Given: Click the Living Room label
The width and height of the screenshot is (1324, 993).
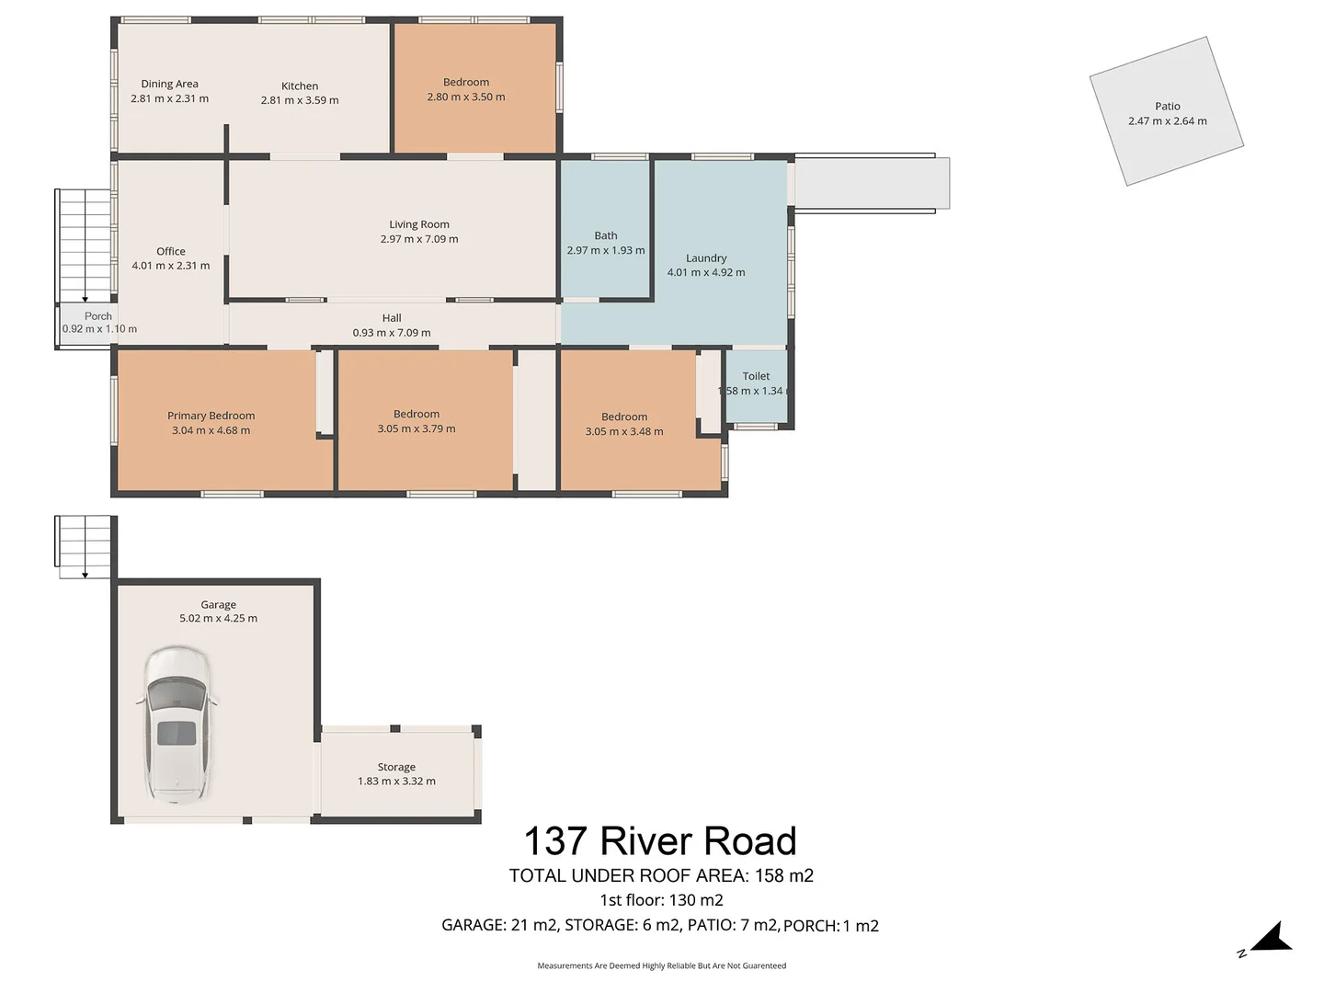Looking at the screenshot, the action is click(418, 224).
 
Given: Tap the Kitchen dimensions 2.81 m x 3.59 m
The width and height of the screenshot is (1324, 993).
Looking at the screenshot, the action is click(299, 100).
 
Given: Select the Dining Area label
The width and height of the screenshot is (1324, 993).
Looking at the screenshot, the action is click(169, 84).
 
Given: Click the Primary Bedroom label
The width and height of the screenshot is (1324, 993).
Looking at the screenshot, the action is click(211, 416).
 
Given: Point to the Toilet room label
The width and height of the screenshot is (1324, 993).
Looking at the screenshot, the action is click(756, 376).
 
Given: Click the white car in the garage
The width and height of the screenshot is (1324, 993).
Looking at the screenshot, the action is click(177, 725).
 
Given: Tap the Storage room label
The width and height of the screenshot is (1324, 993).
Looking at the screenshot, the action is click(396, 767).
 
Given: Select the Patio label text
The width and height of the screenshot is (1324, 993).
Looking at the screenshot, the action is click(1167, 106).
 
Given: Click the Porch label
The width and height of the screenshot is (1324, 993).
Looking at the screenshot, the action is click(98, 316).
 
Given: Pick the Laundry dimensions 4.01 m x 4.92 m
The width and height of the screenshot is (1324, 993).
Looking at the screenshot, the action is click(706, 272).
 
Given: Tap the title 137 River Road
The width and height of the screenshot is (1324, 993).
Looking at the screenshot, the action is click(660, 840).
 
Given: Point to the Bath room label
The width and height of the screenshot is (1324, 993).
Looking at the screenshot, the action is click(606, 235).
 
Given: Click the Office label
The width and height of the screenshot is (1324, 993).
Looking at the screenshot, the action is click(171, 251).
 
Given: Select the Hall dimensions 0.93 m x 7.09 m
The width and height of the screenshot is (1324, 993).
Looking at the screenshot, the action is click(392, 333).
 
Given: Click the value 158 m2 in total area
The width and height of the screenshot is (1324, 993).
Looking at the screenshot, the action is click(784, 875).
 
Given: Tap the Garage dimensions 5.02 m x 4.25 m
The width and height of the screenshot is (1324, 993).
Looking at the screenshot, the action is click(218, 618).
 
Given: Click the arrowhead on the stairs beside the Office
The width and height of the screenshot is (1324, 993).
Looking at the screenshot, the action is click(86, 299).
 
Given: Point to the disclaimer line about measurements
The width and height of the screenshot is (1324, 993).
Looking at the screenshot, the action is click(662, 965).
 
